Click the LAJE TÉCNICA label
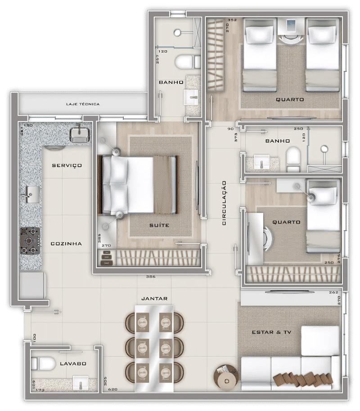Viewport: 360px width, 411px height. coord(83,104)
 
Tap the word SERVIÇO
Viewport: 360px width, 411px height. coord(67,165)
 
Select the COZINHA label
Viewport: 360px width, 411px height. coord(66,244)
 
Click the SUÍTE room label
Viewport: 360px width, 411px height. coord(159,225)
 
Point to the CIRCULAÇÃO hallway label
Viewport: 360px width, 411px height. coord(224,203)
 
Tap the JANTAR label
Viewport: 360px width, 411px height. coord(154,299)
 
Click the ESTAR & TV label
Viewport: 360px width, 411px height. coord(271,332)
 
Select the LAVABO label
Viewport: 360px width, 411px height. coord(73,363)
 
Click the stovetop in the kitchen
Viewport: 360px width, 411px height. coord(30,241)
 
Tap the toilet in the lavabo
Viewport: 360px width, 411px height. coord(42,363)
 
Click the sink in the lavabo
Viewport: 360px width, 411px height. coord(81,383)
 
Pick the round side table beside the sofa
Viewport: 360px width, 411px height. coord(225,376)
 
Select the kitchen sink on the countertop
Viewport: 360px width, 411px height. coord(32,194)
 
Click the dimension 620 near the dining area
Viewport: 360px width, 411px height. coord(112,389)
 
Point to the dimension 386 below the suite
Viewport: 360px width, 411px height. coord(151,277)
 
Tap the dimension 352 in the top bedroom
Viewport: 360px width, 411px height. coord(232,20)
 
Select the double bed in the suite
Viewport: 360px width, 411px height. coord(138,185)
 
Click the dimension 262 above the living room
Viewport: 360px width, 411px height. coord(333,293)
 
